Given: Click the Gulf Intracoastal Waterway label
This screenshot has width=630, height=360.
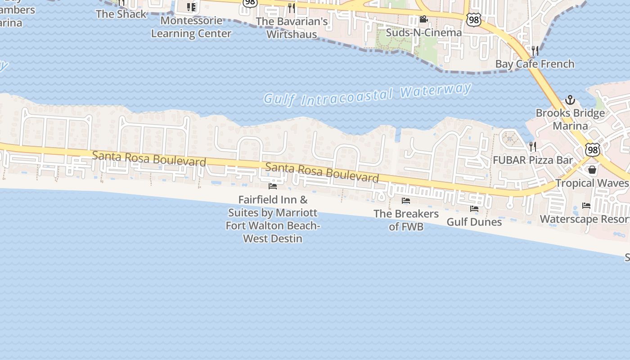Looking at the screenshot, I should [x=367, y=94].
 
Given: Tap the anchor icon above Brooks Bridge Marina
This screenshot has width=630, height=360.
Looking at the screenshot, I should [x=570, y=100].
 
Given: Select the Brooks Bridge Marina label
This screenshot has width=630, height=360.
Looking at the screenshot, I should [x=570, y=119].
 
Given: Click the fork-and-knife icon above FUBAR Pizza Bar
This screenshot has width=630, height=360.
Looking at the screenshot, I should [x=533, y=146].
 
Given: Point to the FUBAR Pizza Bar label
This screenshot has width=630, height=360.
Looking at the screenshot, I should [x=533, y=160].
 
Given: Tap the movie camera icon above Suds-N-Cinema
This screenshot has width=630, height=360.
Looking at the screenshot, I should [x=423, y=19].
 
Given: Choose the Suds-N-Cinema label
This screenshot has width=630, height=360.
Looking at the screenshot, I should [x=423, y=32].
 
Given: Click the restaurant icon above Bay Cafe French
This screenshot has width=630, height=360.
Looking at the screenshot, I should [x=535, y=50].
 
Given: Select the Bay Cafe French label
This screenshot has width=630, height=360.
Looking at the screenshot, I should [x=535, y=64].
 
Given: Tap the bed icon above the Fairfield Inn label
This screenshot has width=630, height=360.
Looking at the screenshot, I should [x=273, y=186].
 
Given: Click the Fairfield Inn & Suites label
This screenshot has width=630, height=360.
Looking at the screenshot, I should [x=273, y=219].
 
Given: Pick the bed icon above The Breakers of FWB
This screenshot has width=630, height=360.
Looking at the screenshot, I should [x=406, y=201].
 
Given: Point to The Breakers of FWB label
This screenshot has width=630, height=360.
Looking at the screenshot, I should [x=406, y=220].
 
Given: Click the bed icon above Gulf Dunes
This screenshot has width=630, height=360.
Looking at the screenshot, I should [x=474, y=209].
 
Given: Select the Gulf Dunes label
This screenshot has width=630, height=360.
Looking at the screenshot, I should [x=474, y=222].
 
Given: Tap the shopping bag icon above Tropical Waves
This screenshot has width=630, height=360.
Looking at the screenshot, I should [x=592, y=170].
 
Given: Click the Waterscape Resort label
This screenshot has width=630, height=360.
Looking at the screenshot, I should [x=585, y=219].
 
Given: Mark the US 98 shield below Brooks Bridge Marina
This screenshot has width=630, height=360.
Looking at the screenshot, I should [x=592, y=150].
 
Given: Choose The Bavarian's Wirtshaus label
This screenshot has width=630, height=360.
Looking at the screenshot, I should [x=292, y=27].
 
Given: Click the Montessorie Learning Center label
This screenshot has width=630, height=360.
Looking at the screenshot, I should [x=191, y=27].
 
